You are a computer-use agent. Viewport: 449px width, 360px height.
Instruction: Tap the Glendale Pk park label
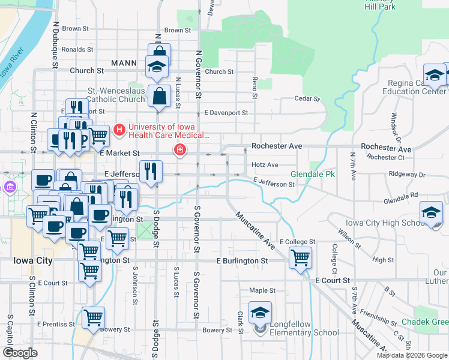click(x=312, y=175)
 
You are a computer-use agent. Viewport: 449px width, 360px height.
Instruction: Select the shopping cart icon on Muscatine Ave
click(x=300, y=258)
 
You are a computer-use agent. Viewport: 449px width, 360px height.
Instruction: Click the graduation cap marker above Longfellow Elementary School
click(x=260, y=313)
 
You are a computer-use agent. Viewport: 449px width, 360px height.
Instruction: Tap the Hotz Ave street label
click(x=265, y=164)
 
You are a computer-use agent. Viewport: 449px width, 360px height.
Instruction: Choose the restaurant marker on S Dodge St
click(x=151, y=171)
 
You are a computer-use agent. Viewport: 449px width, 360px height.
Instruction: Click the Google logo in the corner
click(x=20, y=352)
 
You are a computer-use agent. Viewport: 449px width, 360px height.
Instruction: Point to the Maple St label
click(x=262, y=290)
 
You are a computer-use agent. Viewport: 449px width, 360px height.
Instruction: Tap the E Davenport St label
click(x=226, y=112)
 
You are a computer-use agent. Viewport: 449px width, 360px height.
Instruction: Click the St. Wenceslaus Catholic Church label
click(x=116, y=95)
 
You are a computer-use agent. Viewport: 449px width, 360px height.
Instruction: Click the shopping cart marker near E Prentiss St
click(x=93, y=317)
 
